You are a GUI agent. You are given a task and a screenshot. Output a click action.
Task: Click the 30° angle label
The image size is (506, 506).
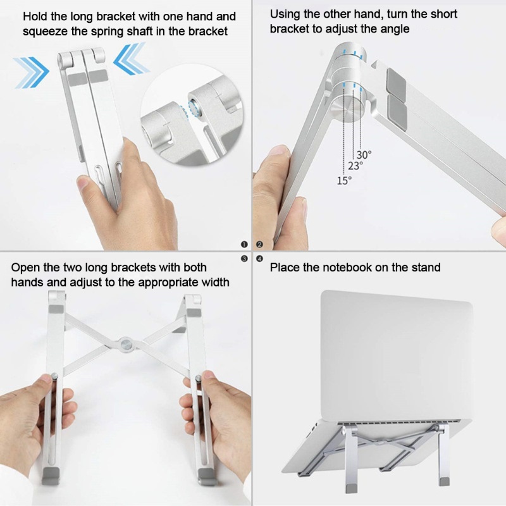364,154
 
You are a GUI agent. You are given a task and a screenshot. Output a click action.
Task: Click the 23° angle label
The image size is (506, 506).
355,166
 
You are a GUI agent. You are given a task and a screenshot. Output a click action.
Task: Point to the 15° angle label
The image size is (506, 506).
344,180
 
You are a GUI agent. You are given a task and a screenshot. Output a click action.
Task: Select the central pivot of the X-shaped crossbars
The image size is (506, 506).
128,344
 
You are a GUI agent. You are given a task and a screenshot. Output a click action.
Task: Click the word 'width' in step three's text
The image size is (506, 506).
214,282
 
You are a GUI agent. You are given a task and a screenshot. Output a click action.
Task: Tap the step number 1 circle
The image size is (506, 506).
244,244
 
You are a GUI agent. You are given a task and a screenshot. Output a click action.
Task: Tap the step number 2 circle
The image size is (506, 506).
259,244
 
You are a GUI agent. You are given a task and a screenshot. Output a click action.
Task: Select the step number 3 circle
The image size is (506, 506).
244,258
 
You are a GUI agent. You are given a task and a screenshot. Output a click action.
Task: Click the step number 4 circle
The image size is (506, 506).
259,258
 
